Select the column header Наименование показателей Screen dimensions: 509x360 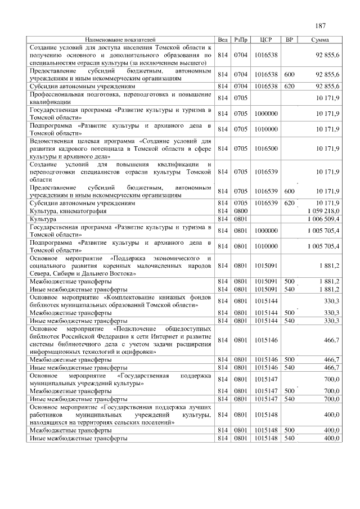120,40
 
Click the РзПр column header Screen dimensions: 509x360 241,40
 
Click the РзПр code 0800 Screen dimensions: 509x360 241,210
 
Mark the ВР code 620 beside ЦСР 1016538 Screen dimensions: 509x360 289,87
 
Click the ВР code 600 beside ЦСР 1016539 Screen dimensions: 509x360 289,191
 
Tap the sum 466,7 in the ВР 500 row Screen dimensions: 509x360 329,359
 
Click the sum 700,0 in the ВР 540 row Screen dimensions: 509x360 329,398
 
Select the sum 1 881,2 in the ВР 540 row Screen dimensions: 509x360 327,289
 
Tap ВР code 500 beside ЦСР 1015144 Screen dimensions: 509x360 289,313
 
